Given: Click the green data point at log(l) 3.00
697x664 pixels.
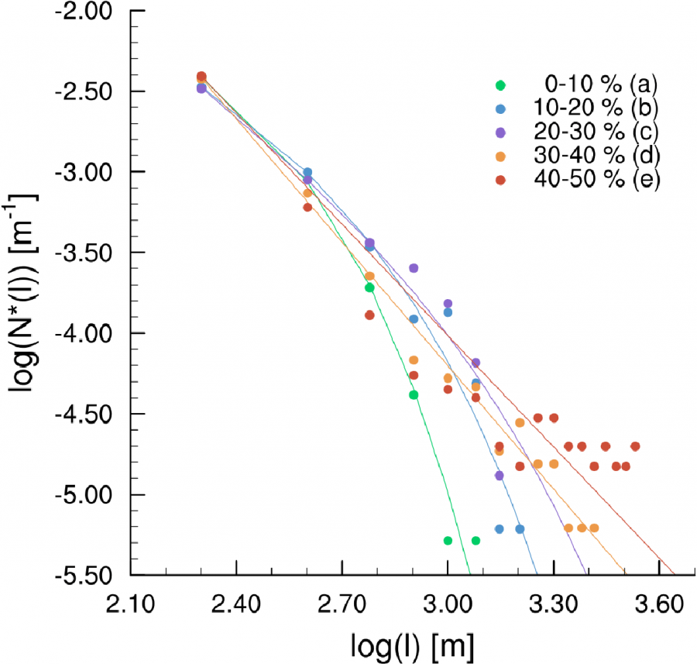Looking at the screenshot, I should tap(448, 540).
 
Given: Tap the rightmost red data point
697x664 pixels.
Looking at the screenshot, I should tap(635, 446).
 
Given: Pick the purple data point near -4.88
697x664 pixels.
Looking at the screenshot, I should tap(500, 476).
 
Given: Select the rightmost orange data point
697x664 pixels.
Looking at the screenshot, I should tap(594, 528).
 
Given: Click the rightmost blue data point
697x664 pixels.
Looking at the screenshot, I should tap(520, 529).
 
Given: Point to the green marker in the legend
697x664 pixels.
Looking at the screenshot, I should tap(500, 84).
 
